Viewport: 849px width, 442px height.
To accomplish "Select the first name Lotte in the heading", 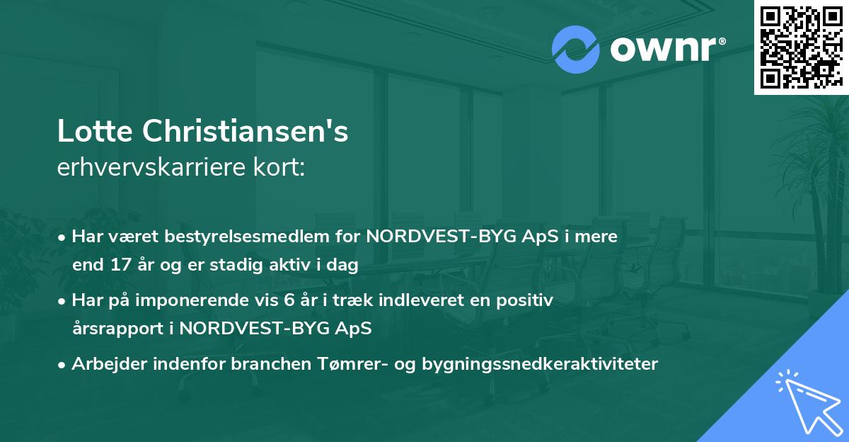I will point(96,132).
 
